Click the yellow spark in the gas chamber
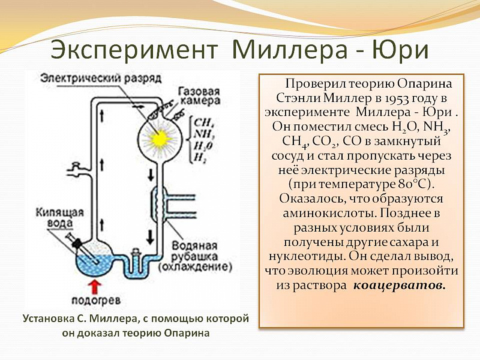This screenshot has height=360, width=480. (159, 139)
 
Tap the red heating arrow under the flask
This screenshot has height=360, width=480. (95, 287)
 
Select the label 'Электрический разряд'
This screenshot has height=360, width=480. (101, 78)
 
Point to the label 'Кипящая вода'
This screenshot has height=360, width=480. (60, 218)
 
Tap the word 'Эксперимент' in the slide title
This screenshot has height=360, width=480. (134, 49)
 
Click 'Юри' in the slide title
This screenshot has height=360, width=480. (400, 49)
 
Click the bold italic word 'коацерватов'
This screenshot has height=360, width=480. (399, 286)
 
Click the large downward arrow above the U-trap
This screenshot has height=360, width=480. (150, 237)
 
